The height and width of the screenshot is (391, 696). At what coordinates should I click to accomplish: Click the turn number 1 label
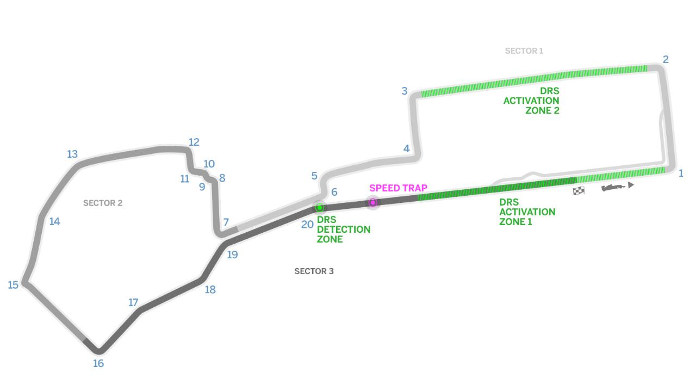tap(680, 173)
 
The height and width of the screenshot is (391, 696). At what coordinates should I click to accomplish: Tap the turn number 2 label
tap(665, 59)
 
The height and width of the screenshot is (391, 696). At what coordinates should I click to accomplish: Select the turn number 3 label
tap(405, 91)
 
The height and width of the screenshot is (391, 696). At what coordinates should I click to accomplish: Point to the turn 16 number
tap(98, 363)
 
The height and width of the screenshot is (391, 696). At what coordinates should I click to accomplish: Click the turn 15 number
tap(13, 284)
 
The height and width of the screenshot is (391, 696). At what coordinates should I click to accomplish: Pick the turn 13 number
tap(72, 154)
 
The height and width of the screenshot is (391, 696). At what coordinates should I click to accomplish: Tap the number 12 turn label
tap(194, 142)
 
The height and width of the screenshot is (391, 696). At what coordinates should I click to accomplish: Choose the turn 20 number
tap(307, 224)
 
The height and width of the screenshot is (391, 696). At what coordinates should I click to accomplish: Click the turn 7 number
tap(226, 222)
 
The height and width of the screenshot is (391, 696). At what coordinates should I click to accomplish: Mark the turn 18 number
tap(210, 289)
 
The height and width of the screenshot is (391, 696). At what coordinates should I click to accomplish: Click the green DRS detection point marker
tap(320, 208)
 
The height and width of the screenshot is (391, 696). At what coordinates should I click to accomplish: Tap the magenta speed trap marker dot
tap(373, 202)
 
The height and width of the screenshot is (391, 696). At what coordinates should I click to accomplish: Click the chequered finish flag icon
tap(579, 191)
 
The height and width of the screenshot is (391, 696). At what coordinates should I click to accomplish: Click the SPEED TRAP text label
tap(398, 188)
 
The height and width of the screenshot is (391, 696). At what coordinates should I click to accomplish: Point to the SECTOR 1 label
tap(524, 51)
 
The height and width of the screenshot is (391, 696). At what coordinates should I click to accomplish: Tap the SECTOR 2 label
tap(103, 203)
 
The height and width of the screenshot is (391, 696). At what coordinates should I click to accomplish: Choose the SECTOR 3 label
tap(314, 271)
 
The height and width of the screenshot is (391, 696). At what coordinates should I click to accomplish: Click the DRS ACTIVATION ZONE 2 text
tap(531, 101)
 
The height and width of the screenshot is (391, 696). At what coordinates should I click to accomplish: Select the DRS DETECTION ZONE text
tap(344, 229)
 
